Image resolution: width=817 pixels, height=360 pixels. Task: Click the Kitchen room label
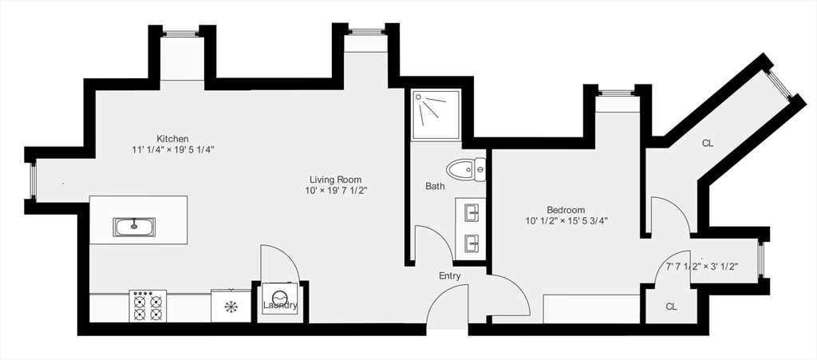[172, 139]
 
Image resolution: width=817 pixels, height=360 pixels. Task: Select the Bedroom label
[566, 210]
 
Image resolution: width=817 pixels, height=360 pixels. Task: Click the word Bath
[435, 186]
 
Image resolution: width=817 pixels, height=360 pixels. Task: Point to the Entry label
[450, 276]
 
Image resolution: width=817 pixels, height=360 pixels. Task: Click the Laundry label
[280, 305]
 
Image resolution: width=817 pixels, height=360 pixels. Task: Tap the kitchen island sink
[133, 227]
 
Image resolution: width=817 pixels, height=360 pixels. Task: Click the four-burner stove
[148, 307]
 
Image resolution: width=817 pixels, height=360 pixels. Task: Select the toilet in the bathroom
[466, 170]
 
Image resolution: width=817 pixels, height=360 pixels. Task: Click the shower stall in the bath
[436, 115]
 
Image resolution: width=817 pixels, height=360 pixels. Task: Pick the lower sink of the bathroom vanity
[472, 243]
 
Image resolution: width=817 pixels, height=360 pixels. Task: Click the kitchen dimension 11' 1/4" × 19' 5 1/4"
[173, 149]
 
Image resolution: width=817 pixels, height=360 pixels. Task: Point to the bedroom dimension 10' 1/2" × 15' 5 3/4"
[566, 221]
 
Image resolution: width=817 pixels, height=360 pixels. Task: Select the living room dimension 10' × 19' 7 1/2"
[336, 191]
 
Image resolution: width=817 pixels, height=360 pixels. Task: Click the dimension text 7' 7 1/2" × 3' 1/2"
[702, 267]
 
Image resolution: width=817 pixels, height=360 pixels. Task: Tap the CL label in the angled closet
[707, 144]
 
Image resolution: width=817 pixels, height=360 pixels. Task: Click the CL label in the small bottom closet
[671, 307]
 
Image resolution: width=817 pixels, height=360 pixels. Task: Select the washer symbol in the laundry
[280, 299]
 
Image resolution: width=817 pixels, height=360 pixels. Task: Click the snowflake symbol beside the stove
[231, 307]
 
